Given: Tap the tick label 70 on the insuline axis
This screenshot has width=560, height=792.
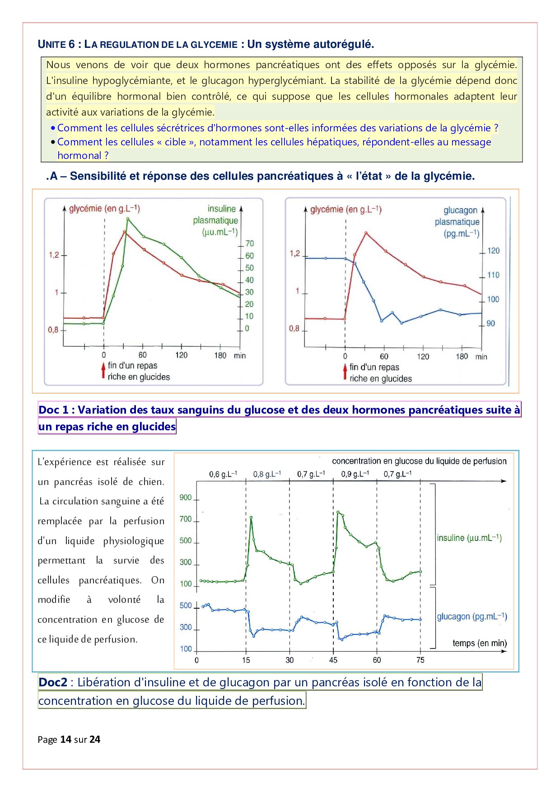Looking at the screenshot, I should click(249, 243).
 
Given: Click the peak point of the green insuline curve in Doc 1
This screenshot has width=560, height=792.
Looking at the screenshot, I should click(128, 219).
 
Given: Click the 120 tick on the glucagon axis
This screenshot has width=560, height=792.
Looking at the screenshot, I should click(493, 251).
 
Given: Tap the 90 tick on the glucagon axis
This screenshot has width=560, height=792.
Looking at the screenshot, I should click(490, 323).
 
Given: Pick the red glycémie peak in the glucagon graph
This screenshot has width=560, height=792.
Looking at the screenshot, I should click(366, 233).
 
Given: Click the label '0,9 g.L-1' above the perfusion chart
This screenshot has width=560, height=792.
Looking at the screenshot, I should click(355, 474).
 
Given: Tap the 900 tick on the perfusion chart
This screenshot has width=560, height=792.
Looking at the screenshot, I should click(186, 498).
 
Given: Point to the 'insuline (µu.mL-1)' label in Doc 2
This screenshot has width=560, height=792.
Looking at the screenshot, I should click(469, 538).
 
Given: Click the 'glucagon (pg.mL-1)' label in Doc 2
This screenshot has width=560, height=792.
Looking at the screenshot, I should click(471, 617).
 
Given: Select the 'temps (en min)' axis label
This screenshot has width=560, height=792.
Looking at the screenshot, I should click(479, 643).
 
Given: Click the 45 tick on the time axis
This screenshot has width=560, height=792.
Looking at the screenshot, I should click(333, 660).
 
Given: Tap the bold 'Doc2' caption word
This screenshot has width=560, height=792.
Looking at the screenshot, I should click(53, 682).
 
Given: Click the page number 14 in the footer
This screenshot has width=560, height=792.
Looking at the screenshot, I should click(66, 739).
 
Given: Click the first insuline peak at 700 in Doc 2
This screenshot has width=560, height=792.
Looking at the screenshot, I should click(251, 517).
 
